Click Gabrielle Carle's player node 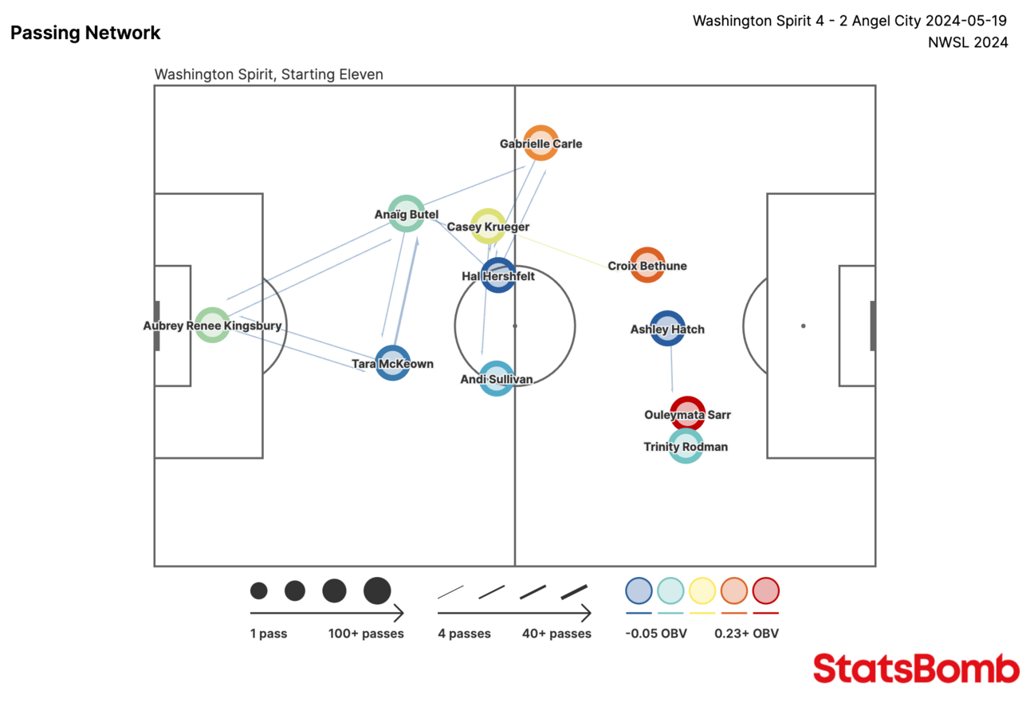(x=541, y=144)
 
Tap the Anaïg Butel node (x=406, y=213)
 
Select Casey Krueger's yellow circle (x=488, y=227)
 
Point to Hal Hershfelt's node (x=497, y=275)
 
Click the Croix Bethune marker (x=647, y=265)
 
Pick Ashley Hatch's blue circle (x=667, y=328)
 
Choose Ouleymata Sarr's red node (x=687, y=413)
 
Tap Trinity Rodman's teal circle (x=686, y=446)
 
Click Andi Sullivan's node (x=496, y=378)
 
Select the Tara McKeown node (x=393, y=363)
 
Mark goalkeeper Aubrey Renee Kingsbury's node (x=213, y=325)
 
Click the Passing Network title (x=85, y=33)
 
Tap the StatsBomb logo (x=916, y=669)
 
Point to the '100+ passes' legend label (x=366, y=634)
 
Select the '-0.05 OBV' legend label (x=656, y=634)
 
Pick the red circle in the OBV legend (x=765, y=591)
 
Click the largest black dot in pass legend (x=377, y=591)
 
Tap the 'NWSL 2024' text (x=968, y=42)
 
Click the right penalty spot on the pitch (x=803, y=326)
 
